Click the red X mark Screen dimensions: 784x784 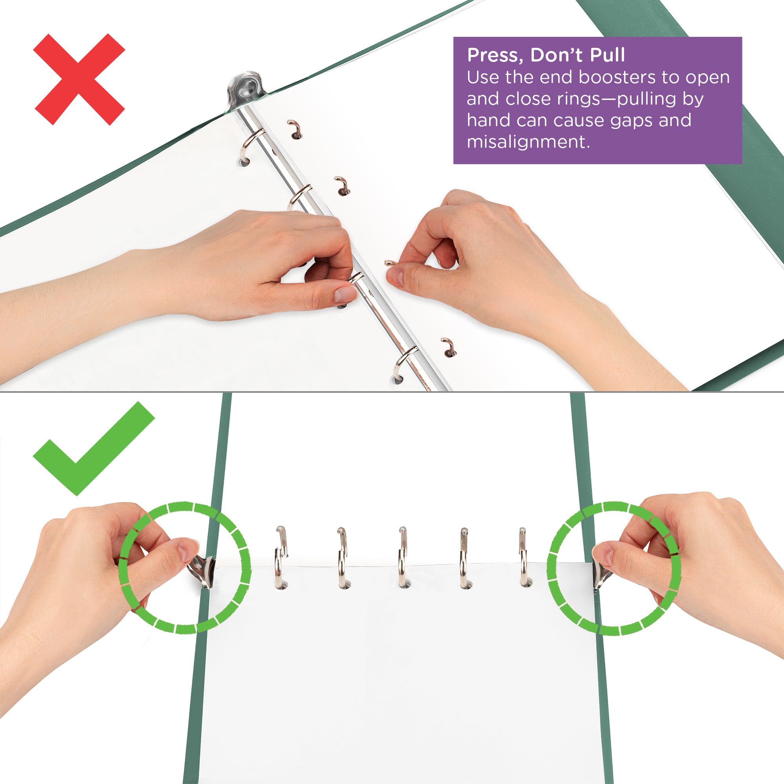[79, 79]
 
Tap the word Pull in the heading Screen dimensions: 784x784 [607, 55]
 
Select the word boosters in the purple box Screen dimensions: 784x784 [617, 77]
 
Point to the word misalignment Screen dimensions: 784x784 [528, 142]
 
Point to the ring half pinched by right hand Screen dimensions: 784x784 [390, 263]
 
